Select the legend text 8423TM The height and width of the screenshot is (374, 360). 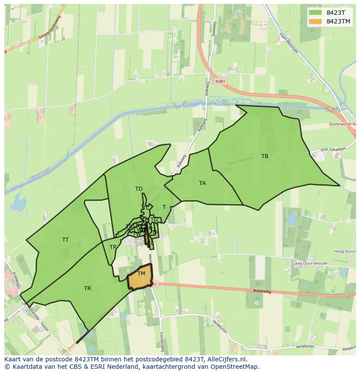[x=338, y=21]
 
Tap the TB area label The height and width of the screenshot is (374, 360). [x=265, y=156]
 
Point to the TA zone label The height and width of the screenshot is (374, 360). [x=202, y=183]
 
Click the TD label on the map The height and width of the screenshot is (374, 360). [x=139, y=189]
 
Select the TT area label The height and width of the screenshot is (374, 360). [x=65, y=240]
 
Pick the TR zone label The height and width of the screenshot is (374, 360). [x=87, y=288]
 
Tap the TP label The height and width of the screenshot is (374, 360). [x=113, y=247]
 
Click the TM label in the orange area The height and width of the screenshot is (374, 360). [x=141, y=274]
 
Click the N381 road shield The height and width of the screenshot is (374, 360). [x=220, y=81]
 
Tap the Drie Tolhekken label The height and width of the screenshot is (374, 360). [x=333, y=149]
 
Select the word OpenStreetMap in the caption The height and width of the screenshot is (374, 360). [x=235, y=367]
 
